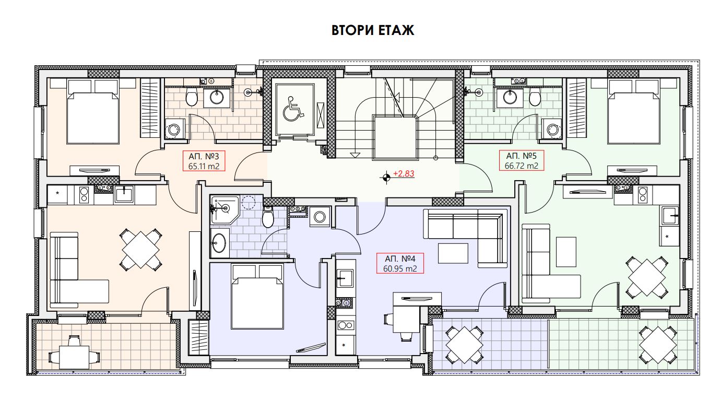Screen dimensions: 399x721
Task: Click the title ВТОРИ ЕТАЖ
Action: (x=373, y=31)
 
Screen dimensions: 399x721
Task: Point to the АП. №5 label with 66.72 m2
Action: (x=522, y=161)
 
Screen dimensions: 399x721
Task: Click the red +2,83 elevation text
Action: (x=404, y=174)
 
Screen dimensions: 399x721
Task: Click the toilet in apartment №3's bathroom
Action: (x=192, y=98)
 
